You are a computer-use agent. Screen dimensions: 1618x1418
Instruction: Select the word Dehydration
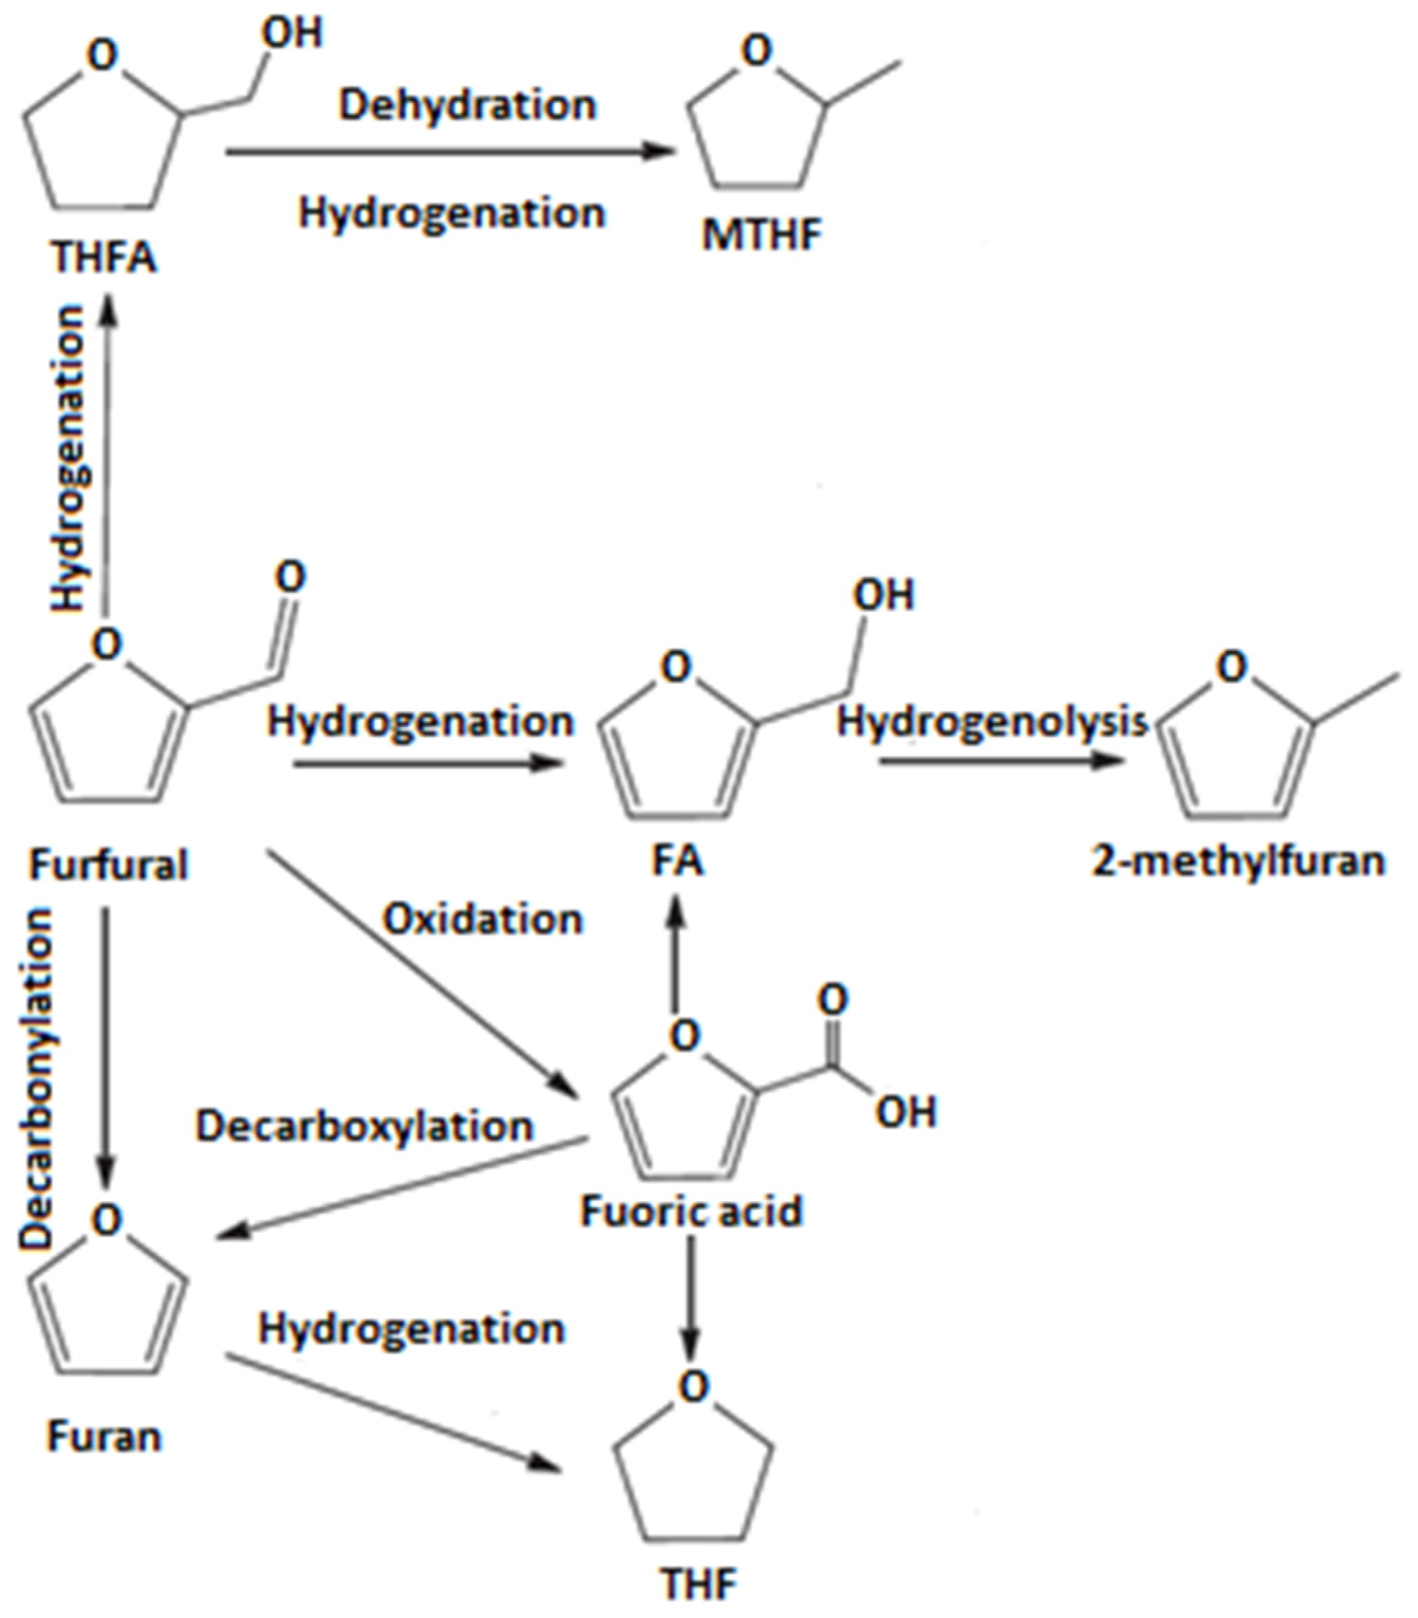click(467, 105)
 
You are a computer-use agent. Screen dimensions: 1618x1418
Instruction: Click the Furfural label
click(109, 864)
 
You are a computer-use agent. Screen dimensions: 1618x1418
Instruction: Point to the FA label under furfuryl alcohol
click(678, 860)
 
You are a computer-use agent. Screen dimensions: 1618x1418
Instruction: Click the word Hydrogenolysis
click(992, 721)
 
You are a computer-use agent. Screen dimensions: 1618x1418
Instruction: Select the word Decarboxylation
click(365, 1125)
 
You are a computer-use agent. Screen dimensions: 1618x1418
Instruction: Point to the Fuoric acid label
click(691, 1211)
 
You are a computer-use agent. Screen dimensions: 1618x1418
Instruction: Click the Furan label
click(104, 1435)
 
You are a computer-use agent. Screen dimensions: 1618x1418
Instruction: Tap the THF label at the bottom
click(698, 1585)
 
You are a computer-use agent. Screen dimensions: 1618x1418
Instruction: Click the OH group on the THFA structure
click(292, 33)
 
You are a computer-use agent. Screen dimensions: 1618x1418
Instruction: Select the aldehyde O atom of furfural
click(291, 577)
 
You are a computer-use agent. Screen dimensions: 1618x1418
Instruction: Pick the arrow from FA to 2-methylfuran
click(1000, 761)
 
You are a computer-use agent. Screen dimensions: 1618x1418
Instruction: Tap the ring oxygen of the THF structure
click(694, 1386)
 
